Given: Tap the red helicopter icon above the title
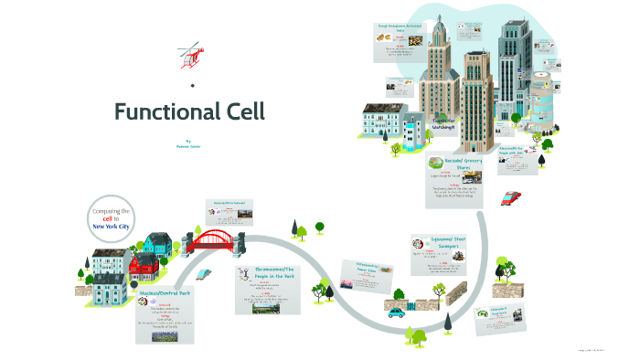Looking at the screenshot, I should [x=189, y=54].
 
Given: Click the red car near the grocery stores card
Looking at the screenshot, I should [x=512, y=197].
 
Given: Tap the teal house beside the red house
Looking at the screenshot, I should [x=157, y=245].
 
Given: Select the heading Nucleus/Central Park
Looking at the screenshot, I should [x=164, y=294].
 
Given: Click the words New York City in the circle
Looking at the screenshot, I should [x=112, y=225].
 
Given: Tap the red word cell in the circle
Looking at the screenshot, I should [x=107, y=218].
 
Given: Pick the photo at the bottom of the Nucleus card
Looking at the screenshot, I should [x=164, y=341].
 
